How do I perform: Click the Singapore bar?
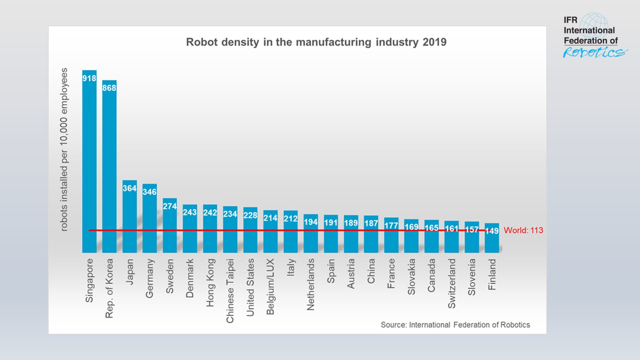[x=89, y=164]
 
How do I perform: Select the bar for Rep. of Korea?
[x=109, y=168]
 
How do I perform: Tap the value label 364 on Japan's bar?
[x=130, y=188]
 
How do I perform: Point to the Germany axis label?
[x=150, y=278]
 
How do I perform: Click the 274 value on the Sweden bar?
[x=170, y=206]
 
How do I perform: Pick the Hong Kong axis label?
[x=210, y=282]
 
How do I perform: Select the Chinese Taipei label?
[x=230, y=291]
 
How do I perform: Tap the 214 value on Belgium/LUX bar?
[x=270, y=218]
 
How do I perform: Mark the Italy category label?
[x=291, y=267]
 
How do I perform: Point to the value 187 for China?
[x=371, y=223]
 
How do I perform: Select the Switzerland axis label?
[x=452, y=283]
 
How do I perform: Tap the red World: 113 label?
[x=523, y=230]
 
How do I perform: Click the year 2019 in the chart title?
[x=434, y=42]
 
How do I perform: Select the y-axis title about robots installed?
[x=64, y=149]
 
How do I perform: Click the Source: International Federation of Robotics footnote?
[x=455, y=325]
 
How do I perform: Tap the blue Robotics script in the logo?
[x=594, y=52]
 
